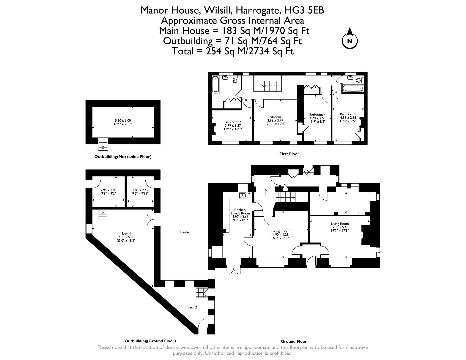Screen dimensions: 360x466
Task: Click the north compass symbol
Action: point(350,41)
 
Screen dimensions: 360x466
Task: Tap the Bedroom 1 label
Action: point(275,117)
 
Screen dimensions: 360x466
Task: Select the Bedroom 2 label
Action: point(233,122)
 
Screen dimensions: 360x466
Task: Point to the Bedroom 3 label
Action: point(348,114)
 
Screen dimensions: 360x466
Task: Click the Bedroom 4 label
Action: point(317,115)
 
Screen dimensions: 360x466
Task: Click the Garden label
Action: point(185,232)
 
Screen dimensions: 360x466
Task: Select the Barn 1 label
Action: point(126,234)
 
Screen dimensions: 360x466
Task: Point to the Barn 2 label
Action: point(192,307)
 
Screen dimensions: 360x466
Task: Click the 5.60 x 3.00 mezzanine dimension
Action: point(123,121)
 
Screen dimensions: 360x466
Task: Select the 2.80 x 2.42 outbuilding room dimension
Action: point(140,190)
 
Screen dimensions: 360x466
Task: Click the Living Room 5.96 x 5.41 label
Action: point(340,224)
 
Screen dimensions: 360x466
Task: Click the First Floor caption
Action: point(289,154)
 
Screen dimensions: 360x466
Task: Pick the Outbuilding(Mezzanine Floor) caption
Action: point(123,156)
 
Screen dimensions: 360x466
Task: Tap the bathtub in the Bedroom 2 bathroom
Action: point(215,85)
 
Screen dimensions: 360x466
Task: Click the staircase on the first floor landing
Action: point(268,85)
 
